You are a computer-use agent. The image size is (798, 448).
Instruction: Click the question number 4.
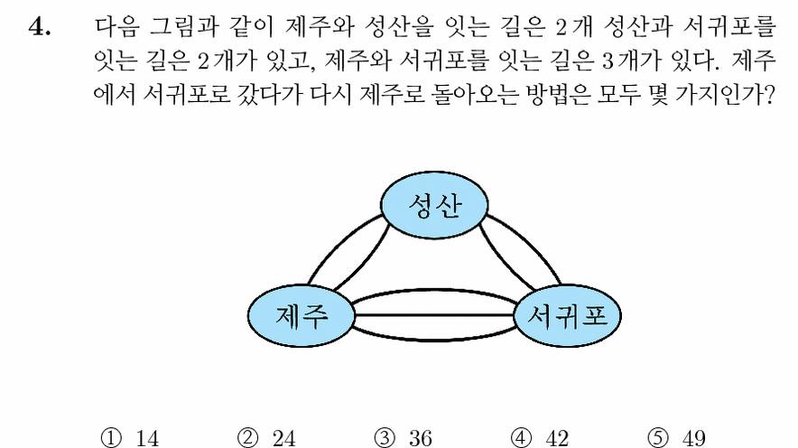39,27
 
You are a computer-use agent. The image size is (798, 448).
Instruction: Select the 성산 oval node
434,205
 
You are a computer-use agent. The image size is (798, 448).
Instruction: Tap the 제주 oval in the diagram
302,315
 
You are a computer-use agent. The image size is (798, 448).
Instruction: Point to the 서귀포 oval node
568,315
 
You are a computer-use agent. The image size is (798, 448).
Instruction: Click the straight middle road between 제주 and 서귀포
434,315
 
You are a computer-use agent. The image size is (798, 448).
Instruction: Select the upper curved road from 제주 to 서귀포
434,292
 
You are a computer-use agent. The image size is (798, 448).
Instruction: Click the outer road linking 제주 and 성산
340,241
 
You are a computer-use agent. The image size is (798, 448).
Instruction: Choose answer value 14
147,438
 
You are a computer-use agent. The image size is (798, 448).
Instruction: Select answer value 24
284,438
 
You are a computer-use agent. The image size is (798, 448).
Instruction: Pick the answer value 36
421,438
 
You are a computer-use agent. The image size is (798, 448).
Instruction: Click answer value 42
557,438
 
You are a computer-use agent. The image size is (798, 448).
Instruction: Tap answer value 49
693,438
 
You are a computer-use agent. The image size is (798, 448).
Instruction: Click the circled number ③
385,438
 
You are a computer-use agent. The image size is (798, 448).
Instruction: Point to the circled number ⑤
658,438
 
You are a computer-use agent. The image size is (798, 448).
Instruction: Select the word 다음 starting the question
116,26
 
